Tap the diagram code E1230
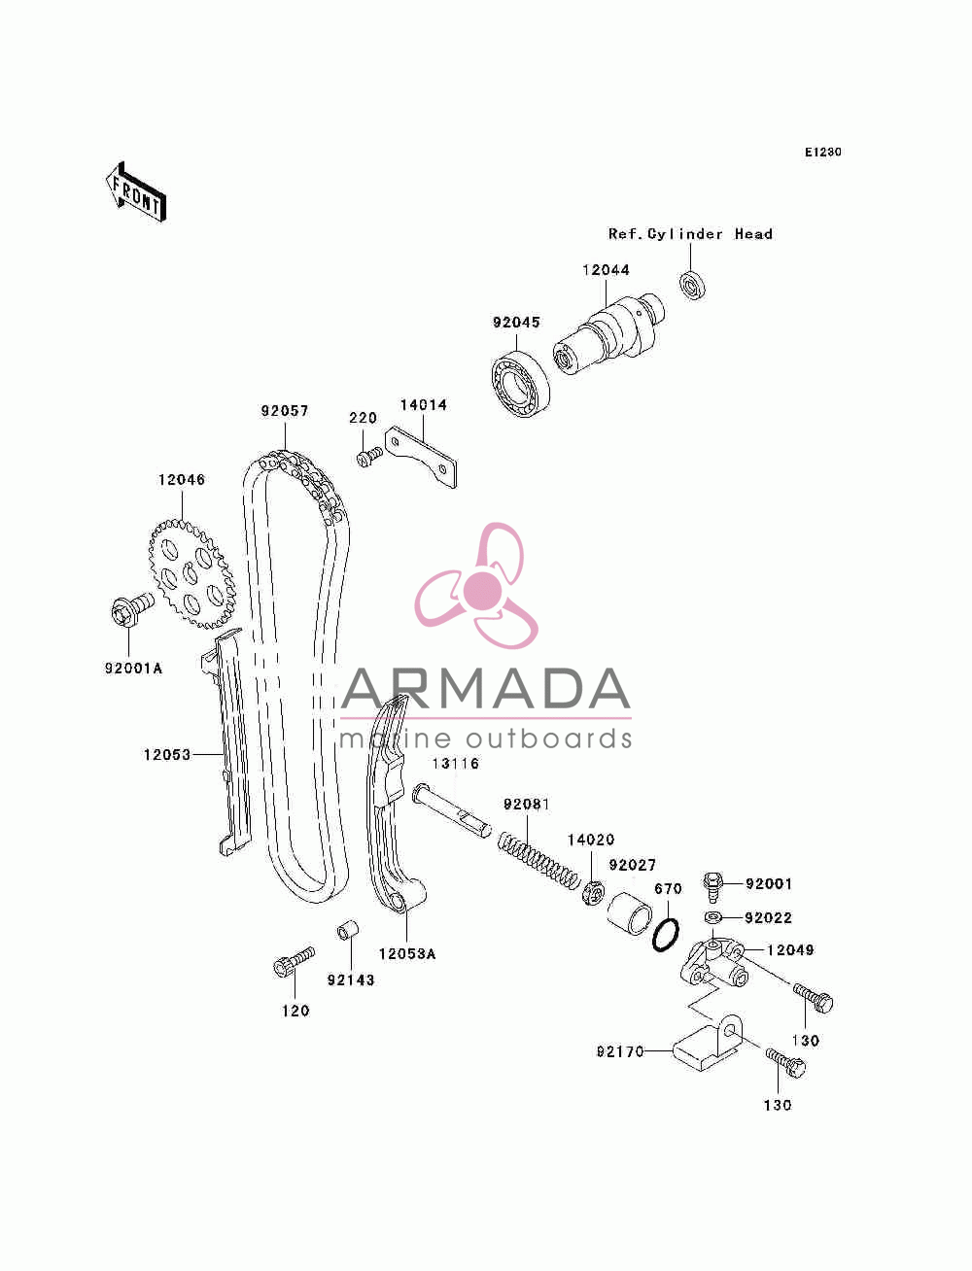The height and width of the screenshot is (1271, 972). (822, 153)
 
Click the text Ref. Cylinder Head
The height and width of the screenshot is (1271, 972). (690, 234)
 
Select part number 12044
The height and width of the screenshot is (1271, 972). (606, 270)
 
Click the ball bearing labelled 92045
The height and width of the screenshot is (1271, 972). (521, 384)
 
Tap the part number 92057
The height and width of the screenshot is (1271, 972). (285, 410)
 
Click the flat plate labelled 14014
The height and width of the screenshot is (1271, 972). (422, 458)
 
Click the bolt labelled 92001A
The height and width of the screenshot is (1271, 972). (131, 609)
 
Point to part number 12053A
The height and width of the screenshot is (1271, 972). (406, 954)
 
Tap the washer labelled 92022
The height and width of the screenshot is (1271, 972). (713, 917)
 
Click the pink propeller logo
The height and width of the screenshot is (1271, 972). (476, 585)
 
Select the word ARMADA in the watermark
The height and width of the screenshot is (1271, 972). (485, 689)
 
